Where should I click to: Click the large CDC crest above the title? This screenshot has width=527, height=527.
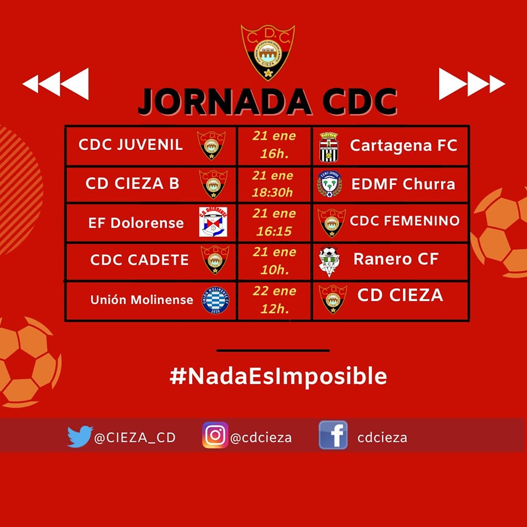[268, 52]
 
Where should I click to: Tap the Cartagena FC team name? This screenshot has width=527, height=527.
[403, 145]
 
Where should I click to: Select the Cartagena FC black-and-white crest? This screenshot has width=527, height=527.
[328, 147]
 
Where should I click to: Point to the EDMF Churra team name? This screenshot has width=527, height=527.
[403, 184]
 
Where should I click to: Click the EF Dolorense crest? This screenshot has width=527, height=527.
[213, 222]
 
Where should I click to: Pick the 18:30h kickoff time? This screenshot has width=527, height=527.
[273, 193]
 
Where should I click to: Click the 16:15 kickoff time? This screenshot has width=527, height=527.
[274, 231]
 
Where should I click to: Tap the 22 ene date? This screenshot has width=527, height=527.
[274, 291]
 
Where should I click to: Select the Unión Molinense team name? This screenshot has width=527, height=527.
[142, 300]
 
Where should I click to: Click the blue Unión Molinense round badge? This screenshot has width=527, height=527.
[215, 300]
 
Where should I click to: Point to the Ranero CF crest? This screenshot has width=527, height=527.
[329, 262]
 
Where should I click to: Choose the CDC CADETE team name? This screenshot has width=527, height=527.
[139, 260]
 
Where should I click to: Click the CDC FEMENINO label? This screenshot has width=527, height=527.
[405, 221]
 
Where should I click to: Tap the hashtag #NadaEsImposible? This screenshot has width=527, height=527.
[278, 376]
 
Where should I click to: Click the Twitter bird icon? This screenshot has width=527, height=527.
[80, 436]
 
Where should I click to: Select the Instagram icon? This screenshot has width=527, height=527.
[215, 435]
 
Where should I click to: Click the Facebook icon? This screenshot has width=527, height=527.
[333, 435]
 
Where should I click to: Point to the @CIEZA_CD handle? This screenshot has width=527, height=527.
[135, 438]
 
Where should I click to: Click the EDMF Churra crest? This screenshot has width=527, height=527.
[329, 184]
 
